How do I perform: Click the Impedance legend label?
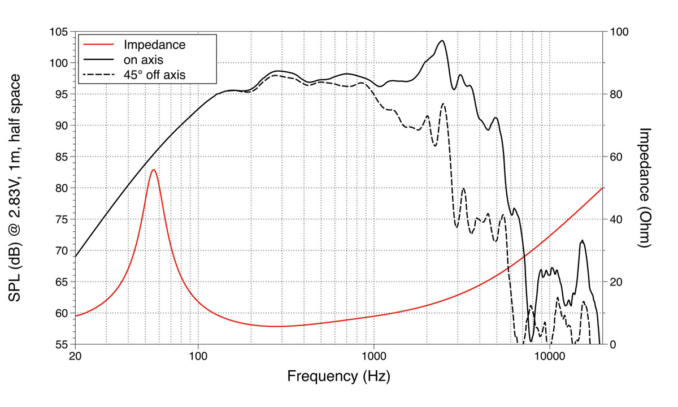click(154, 44)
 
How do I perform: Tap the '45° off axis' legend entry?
click(155, 73)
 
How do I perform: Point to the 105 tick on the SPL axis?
click(59, 32)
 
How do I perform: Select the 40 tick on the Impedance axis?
click(611, 219)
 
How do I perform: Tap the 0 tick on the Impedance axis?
click(609, 344)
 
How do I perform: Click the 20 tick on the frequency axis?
click(75, 357)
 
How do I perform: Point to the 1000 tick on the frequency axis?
click(374, 357)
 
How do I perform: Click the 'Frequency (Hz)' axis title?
click(338, 376)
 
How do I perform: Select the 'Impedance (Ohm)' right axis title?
click(645, 188)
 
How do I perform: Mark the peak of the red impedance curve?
click(153, 170)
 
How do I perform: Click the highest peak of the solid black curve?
click(442, 41)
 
